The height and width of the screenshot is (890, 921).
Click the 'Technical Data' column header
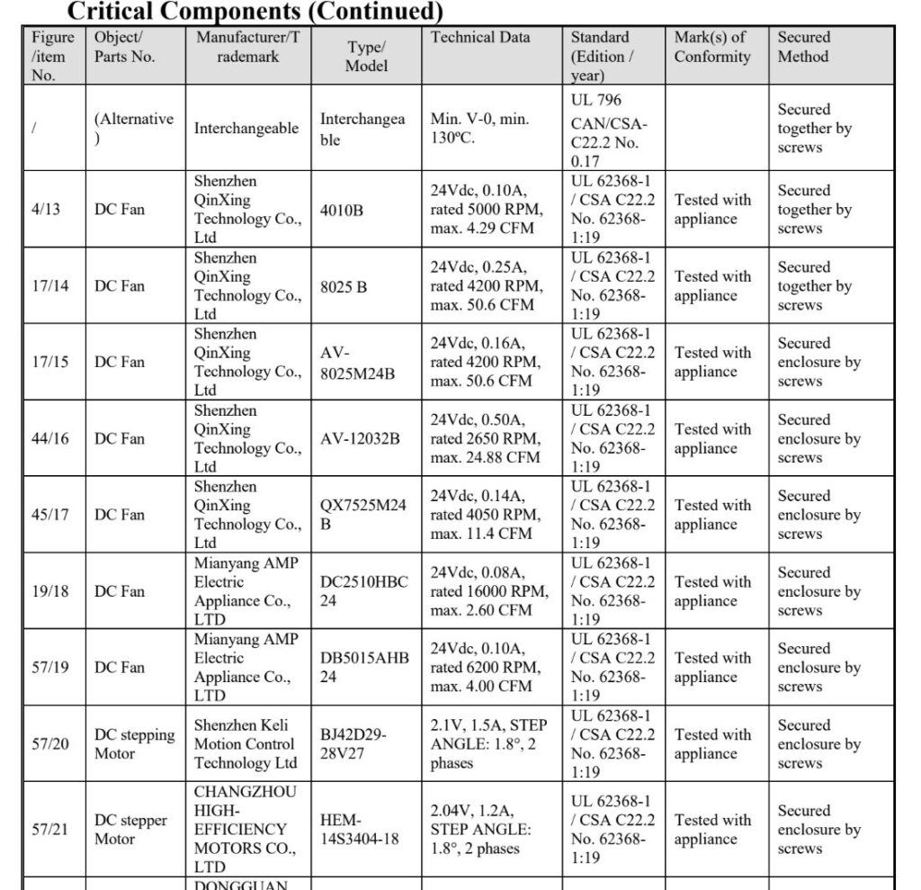coord(480,38)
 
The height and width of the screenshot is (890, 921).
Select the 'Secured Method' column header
coord(804,47)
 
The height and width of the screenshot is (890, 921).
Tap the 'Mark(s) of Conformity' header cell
coord(712,47)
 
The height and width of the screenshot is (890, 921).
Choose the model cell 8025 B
coord(344,286)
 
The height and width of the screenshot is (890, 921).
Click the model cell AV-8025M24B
coord(357,363)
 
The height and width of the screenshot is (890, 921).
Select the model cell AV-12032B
coord(360,439)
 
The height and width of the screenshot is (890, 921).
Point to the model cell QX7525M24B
coord(362,515)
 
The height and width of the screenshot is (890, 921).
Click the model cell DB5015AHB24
coord(364,668)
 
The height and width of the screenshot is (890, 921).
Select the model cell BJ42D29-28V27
coord(354,744)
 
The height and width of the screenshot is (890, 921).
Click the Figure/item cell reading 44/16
coord(50,439)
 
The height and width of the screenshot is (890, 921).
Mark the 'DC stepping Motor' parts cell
coord(135,744)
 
